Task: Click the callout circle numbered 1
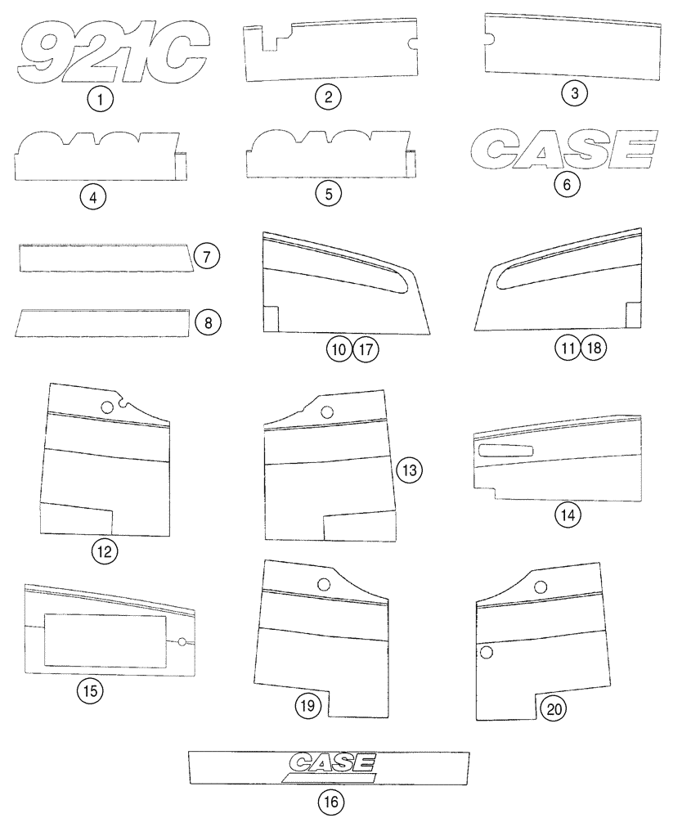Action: point(100,101)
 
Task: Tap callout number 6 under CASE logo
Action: point(567,184)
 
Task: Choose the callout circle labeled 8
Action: point(208,322)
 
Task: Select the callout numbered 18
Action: point(596,348)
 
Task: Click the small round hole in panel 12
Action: point(106,407)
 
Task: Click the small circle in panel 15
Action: point(182,642)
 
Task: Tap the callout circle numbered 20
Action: point(554,708)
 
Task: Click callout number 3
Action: point(575,93)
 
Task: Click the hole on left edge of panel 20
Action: point(486,652)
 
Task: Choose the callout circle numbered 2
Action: point(328,97)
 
